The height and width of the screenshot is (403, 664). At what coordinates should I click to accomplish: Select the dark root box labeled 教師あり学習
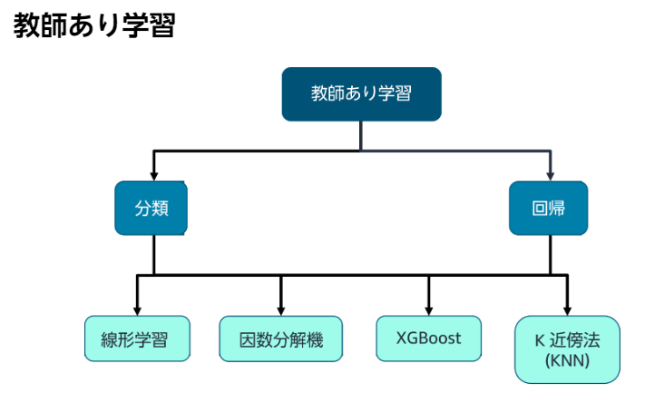(361, 93)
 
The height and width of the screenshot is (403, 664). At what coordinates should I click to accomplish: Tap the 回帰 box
(548, 208)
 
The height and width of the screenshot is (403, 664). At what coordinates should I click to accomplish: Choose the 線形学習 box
(139, 339)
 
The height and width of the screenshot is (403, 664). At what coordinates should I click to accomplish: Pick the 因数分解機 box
(280, 339)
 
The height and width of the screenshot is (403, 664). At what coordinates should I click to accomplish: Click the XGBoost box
(428, 339)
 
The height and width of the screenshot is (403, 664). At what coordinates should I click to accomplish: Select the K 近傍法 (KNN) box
(567, 349)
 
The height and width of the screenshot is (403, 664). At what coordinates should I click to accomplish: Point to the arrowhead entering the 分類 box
(153, 174)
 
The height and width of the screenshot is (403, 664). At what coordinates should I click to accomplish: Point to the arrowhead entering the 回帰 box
(549, 174)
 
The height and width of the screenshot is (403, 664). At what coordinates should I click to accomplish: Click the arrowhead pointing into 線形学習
(138, 309)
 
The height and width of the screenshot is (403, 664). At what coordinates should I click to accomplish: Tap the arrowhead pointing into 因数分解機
(280, 309)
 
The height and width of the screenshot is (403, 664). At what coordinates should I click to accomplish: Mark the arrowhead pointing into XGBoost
(428, 309)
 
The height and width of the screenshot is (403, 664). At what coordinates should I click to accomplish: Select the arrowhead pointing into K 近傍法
(567, 309)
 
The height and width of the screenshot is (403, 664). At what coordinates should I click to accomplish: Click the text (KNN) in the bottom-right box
(567, 361)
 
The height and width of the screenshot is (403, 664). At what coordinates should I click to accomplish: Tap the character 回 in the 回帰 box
(539, 208)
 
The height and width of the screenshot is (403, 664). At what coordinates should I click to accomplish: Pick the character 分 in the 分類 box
(143, 208)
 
